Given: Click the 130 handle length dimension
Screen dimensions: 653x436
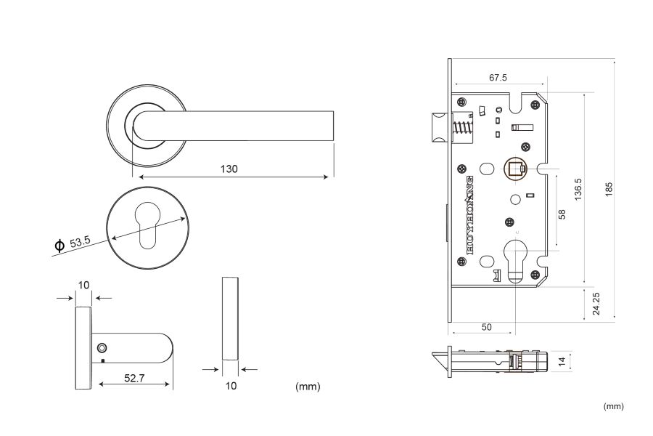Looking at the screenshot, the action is (229, 169).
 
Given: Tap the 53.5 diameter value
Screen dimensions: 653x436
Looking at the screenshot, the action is (80, 242).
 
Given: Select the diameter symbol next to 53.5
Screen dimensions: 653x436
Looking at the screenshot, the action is (59, 246).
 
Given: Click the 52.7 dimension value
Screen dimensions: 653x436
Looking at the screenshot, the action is (134, 378).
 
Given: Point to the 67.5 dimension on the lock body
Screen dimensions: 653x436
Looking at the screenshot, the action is (498, 78).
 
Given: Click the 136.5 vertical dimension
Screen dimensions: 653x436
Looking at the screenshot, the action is (578, 190).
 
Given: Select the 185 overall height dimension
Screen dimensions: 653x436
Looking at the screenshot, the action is (609, 190).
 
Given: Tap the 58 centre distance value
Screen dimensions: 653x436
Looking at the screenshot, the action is (562, 214).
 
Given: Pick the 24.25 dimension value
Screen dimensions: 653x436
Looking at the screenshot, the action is (596, 303).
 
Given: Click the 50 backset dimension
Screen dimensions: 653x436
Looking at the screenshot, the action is (486, 327).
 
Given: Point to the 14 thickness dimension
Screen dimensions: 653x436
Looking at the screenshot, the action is (562, 361).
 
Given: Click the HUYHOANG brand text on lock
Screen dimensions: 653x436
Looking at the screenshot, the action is (469, 215).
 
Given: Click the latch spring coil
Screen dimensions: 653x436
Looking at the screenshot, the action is (462, 128).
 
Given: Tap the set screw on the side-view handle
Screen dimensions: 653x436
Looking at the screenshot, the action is (102, 348).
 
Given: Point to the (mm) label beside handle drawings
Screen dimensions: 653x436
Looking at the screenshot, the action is (308, 387).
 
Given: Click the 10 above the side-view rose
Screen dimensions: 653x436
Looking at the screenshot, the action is (83, 285).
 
